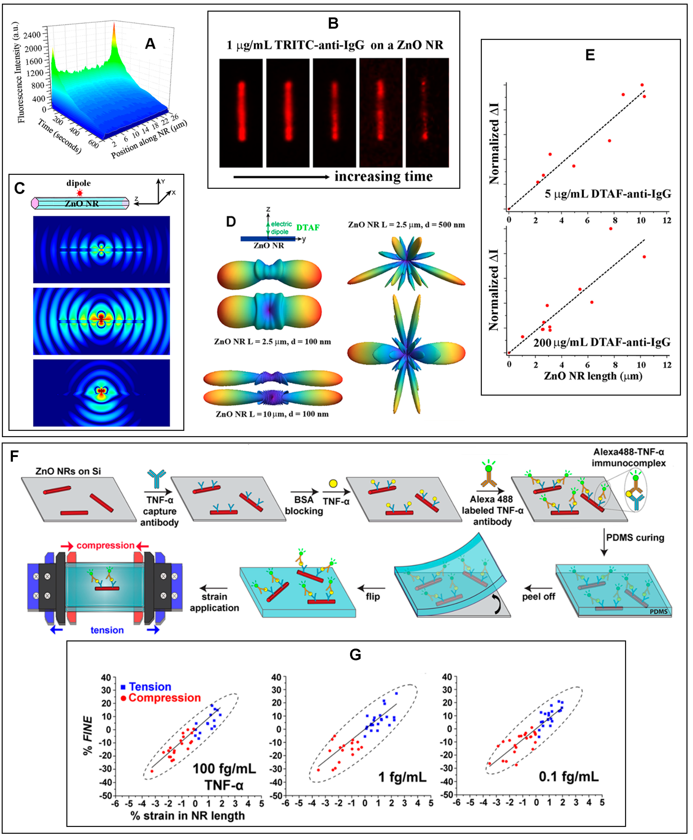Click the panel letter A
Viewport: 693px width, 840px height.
pyautogui.click(x=150, y=44)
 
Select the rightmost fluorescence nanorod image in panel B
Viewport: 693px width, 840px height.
pyautogui.click(x=427, y=113)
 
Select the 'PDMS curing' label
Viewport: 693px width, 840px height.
pyautogui.click(x=635, y=537)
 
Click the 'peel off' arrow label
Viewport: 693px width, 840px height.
pyautogui.click(x=538, y=597)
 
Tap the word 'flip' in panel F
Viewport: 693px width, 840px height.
pyautogui.click(x=372, y=597)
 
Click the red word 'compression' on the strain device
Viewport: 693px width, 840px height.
pyautogui.click(x=105, y=545)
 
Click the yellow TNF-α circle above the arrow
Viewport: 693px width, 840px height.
pyautogui.click(x=333, y=484)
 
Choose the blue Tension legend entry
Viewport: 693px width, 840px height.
pyautogui.click(x=146, y=687)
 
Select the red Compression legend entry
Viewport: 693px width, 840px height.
pyautogui.click(x=161, y=698)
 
